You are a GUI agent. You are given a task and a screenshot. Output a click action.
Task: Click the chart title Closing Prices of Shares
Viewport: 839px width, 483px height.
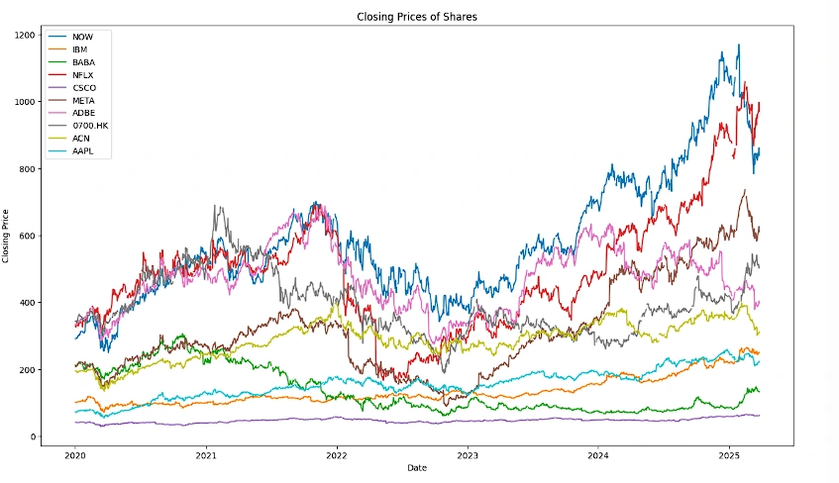[418, 18]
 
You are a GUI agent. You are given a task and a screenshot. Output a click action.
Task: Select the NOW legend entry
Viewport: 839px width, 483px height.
[82, 36]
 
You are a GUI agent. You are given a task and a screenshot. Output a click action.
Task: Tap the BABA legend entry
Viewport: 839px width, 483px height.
[84, 61]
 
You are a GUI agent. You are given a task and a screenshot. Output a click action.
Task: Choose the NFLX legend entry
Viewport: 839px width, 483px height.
[84, 74]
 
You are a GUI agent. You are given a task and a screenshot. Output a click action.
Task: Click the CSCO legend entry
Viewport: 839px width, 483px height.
[84, 87]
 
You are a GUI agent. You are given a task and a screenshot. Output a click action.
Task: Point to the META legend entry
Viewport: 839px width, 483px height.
[84, 100]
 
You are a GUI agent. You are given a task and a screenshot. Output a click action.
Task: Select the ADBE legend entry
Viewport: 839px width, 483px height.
[84, 113]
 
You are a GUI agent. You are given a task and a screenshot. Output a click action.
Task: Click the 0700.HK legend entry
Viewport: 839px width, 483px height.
[89, 126]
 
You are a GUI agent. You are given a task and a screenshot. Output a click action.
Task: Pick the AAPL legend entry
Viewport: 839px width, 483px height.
[84, 151]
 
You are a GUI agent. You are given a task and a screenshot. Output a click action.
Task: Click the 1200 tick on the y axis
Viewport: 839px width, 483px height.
[24, 35]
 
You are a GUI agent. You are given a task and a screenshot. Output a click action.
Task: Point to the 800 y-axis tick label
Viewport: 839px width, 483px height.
[27, 169]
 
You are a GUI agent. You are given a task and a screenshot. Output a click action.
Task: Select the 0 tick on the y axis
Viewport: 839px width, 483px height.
[33, 437]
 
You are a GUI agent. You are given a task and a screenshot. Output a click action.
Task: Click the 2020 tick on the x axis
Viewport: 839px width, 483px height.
[75, 456]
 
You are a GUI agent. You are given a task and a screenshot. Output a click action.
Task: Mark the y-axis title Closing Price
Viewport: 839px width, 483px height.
[8, 236]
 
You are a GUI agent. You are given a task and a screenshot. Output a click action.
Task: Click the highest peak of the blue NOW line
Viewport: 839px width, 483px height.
[738, 45]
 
